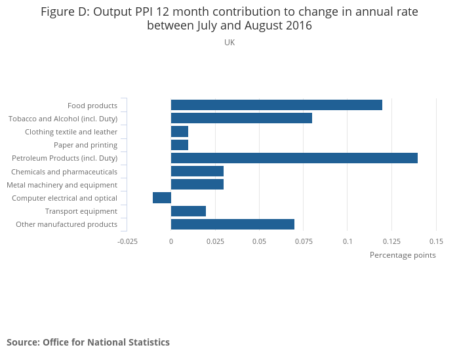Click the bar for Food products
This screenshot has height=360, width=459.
point(276,105)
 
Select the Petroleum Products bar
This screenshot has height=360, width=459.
point(294,158)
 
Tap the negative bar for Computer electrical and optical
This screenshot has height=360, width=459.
point(162,197)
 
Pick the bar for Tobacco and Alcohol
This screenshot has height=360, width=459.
point(241,118)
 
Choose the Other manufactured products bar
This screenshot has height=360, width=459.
point(232,224)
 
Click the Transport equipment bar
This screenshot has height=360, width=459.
point(188,211)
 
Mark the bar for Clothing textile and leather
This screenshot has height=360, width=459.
point(180,131)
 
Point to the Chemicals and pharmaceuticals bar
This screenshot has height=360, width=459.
point(197,171)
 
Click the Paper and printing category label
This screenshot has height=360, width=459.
point(85,145)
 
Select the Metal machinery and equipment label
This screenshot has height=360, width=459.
point(62,185)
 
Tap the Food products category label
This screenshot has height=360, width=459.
point(92,106)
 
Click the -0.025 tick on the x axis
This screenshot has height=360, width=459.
point(127,241)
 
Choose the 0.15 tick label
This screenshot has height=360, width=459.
point(436,241)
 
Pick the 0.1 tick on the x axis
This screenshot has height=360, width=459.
point(348,241)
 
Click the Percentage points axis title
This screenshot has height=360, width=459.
point(403,255)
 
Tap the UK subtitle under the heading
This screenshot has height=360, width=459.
point(229,43)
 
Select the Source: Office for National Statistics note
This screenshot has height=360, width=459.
point(88,342)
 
